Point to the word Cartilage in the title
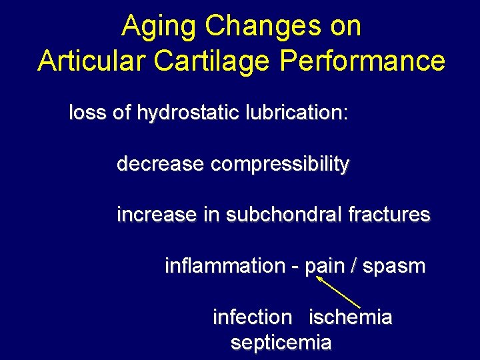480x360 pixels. click(x=213, y=61)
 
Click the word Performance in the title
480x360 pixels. click(x=363, y=61)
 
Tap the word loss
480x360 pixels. click(x=87, y=113)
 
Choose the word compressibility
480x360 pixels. click(x=279, y=164)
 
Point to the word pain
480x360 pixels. click(x=321, y=267)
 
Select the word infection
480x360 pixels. click(x=252, y=317)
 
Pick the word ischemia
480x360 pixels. click(x=350, y=317)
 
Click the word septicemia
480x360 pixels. click(x=281, y=343)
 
